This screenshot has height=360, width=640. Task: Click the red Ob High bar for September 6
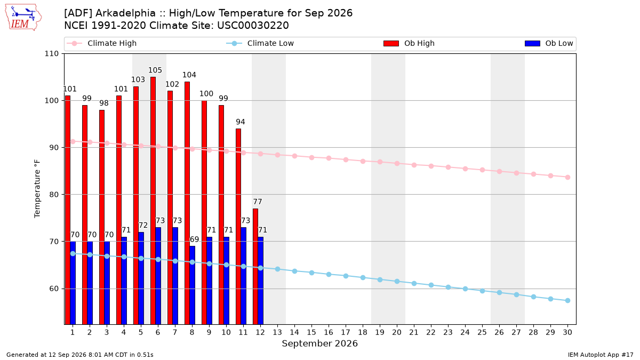click(153, 201)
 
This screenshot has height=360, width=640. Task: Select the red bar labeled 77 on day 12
click(255, 267)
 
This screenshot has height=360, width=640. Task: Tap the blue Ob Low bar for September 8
click(193, 285)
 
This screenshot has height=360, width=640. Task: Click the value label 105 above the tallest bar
click(155, 70)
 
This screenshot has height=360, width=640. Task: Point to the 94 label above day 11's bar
click(241, 122)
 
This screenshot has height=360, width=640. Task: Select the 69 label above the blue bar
click(194, 239)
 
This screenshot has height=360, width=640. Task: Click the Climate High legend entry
click(102, 43)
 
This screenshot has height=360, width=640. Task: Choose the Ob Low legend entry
click(549, 43)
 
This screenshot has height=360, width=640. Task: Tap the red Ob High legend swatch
click(391, 43)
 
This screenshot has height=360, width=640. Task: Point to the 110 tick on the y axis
click(51, 54)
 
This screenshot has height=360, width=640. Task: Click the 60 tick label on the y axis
click(54, 289)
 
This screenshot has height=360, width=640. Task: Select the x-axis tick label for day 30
click(567, 332)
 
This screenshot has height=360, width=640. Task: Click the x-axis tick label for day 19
click(380, 332)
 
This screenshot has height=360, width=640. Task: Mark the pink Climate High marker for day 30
click(567, 178)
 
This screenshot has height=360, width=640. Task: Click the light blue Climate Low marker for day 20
click(397, 282)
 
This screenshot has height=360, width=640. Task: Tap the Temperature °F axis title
click(37, 189)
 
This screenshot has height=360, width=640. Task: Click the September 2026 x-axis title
click(319, 343)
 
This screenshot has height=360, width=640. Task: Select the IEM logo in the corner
click(23, 18)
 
